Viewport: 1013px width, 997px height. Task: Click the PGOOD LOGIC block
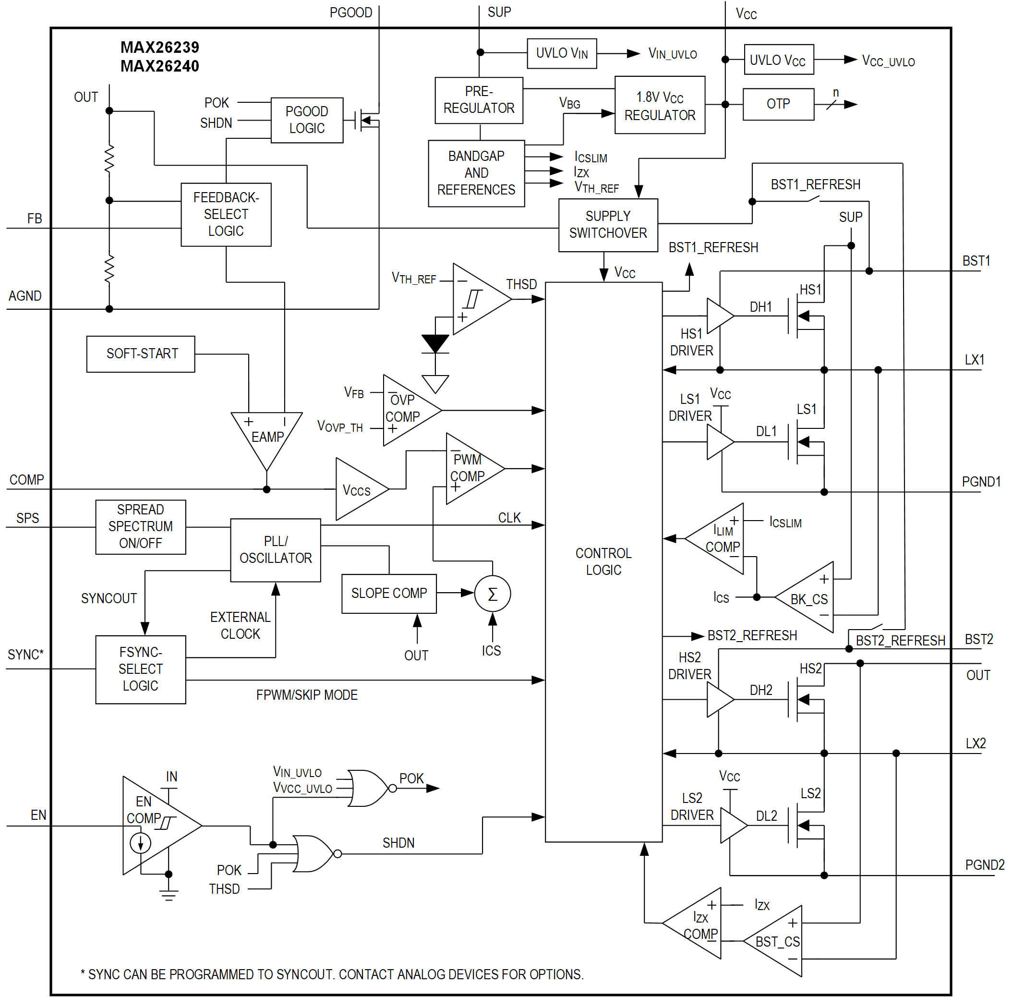click(x=307, y=120)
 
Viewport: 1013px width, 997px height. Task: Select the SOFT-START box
click(x=140, y=354)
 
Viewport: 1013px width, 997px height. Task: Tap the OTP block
click(x=778, y=104)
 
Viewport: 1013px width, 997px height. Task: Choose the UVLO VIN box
click(x=562, y=53)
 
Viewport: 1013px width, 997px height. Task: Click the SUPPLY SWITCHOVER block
click(x=608, y=225)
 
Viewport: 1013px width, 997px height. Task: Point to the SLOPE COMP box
click(x=389, y=593)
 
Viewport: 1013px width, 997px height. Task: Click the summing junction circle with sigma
click(x=492, y=594)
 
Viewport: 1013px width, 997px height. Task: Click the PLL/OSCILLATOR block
click(x=276, y=550)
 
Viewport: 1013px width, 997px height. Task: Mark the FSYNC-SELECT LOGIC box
click(x=140, y=669)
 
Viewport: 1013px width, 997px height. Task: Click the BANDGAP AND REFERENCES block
click(x=476, y=173)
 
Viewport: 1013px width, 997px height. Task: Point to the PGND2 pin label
click(x=984, y=865)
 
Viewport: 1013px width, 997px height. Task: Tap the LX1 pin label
click(x=974, y=360)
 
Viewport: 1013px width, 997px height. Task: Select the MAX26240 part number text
click(x=160, y=66)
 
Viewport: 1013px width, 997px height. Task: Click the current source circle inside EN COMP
click(x=140, y=843)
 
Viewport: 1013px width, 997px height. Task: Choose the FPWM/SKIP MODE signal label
click(x=307, y=695)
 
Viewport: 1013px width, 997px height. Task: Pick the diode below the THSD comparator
click(x=435, y=344)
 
